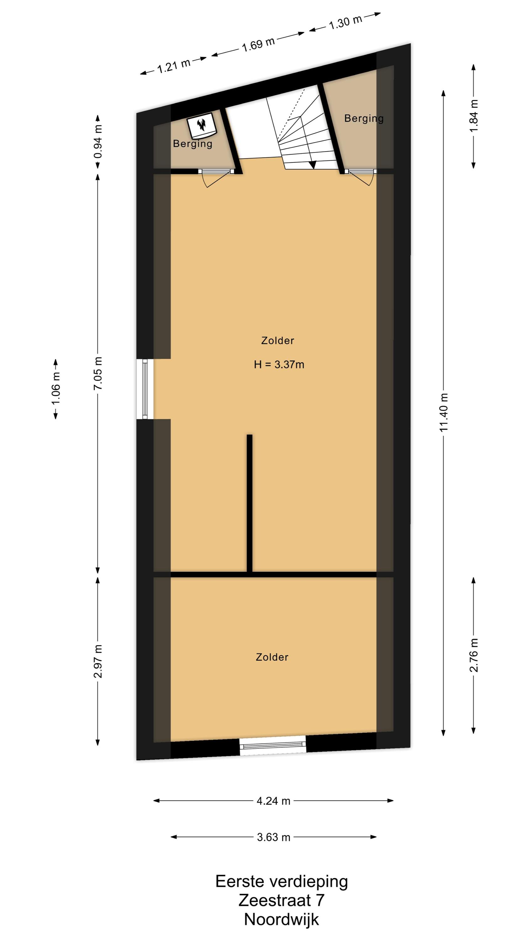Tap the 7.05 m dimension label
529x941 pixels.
point(97,373)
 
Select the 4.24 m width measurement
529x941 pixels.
point(274,801)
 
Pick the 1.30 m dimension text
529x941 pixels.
point(345,22)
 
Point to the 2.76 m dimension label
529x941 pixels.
point(474,655)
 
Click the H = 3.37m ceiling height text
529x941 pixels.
point(279,364)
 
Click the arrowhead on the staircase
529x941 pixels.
point(312,165)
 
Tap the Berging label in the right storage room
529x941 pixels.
point(364,118)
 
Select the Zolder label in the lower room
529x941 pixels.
point(272,657)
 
